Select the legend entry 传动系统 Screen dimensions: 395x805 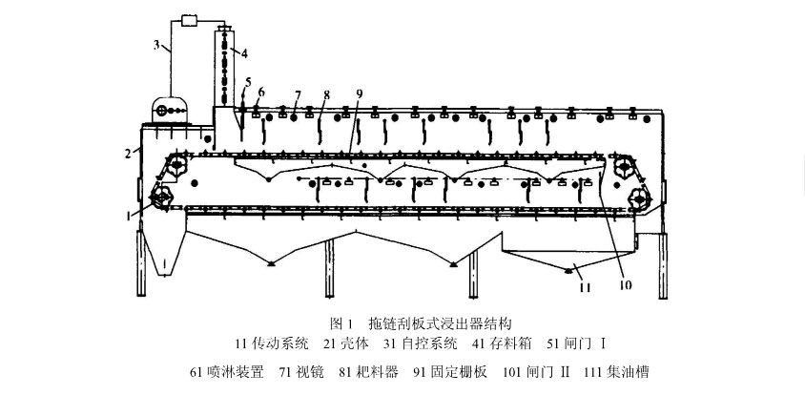coord(282,340)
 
